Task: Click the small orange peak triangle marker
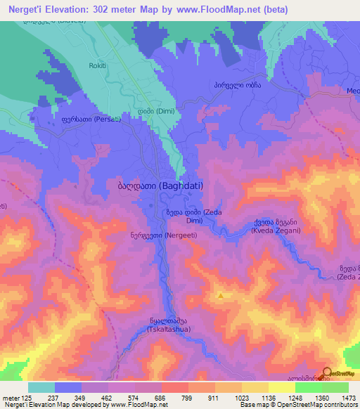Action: [221, 296]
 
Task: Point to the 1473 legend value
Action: [340, 397]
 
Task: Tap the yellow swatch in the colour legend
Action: [281, 387]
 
